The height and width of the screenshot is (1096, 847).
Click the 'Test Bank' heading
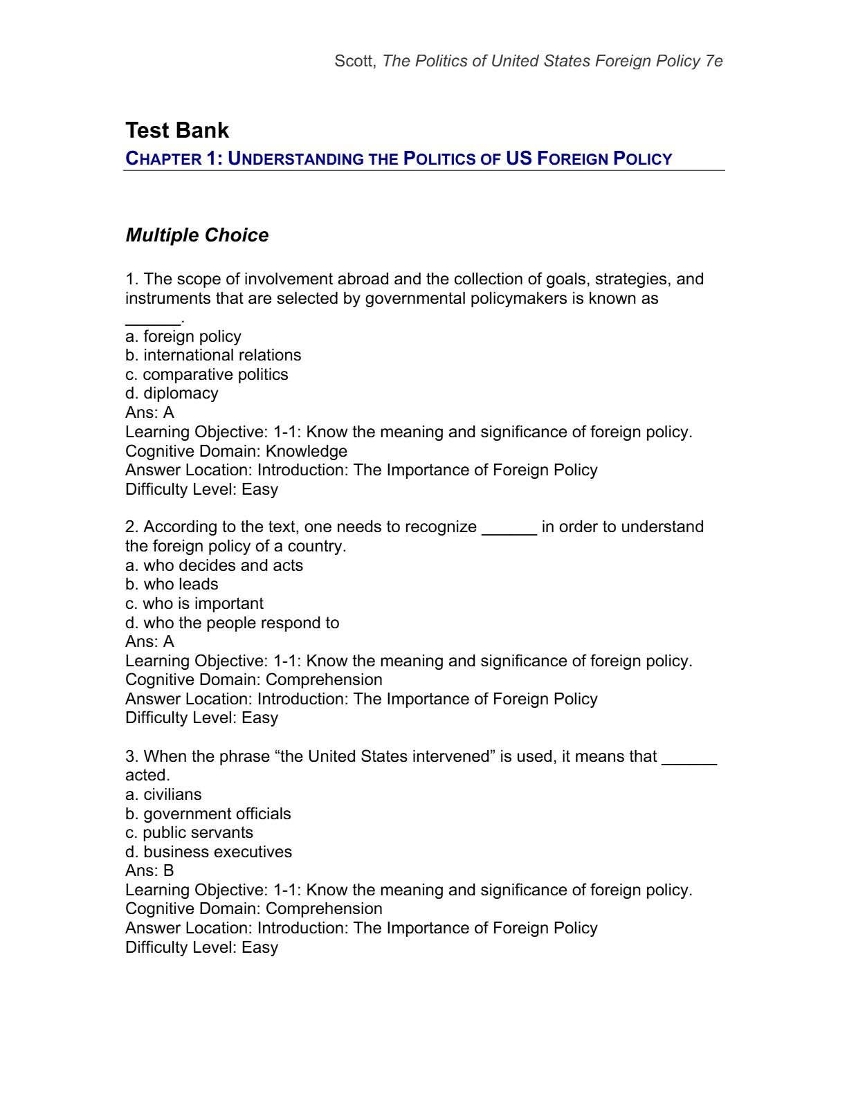point(177,131)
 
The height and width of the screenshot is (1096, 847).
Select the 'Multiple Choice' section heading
point(197,235)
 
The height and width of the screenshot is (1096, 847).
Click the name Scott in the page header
point(355,61)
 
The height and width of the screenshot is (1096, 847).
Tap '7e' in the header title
point(714,61)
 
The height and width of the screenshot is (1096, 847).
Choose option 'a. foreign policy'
point(183,336)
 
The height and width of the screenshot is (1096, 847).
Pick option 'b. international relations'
point(213,355)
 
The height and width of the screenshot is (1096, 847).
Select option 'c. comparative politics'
point(207,374)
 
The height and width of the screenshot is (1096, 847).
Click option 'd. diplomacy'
point(172,393)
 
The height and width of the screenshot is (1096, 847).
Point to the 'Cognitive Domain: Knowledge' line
point(236,451)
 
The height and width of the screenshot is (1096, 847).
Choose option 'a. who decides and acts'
point(214,565)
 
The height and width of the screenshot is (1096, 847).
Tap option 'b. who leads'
point(172,584)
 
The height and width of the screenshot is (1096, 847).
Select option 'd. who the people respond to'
point(232,623)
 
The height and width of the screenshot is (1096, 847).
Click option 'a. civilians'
point(163,794)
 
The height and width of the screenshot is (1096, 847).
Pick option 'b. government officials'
point(208,814)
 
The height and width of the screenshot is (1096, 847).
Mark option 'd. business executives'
point(208,852)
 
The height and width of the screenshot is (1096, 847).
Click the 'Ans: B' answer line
point(149,870)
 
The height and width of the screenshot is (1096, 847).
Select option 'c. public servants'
point(189,832)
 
